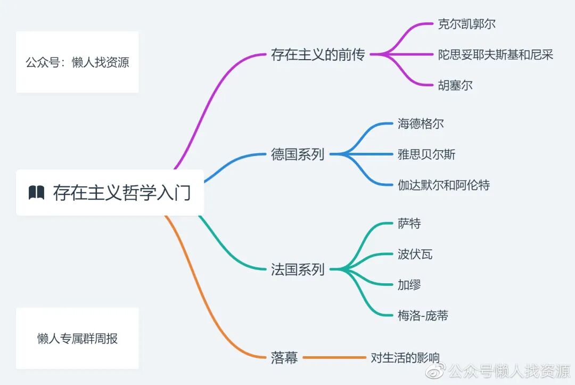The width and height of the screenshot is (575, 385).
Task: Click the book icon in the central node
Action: [x=36, y=193]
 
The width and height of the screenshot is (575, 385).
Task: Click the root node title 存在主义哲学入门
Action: [x=121, y=193]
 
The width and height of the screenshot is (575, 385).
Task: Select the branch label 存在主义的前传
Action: [x=318, y=54]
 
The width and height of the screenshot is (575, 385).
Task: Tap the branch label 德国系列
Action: [x=298, y=154]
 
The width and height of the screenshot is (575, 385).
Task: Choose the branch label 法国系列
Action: [x=298, y=269]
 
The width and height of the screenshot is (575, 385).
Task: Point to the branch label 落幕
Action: [x=284, y=357]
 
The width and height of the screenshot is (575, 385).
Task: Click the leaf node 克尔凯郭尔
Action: [x=467, y=24]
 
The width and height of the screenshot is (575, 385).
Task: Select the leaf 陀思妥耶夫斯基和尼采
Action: [x=496, y=54]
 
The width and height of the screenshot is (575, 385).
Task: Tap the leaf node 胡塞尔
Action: [x=455, y=85]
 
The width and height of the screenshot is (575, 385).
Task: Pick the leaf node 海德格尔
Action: [x=421, y=124]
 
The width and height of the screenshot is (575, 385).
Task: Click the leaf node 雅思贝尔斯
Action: [x=426, y=154]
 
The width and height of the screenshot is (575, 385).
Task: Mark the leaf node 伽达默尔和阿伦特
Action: [x=443, y=185]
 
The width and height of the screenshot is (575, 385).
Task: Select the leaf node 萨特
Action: [x=409, y=224]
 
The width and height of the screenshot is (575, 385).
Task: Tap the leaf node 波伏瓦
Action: [x=415, y=254]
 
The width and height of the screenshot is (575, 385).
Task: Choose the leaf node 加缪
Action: [x=409, y=285]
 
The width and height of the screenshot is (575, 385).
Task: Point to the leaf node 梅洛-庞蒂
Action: [x=423, y=315]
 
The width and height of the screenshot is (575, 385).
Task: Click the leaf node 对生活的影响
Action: [x=405, y=357]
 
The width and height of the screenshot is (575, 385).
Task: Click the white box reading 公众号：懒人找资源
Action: [x=77, y=62]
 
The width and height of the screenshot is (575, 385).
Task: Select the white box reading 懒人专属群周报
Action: [x=77, y=338]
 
